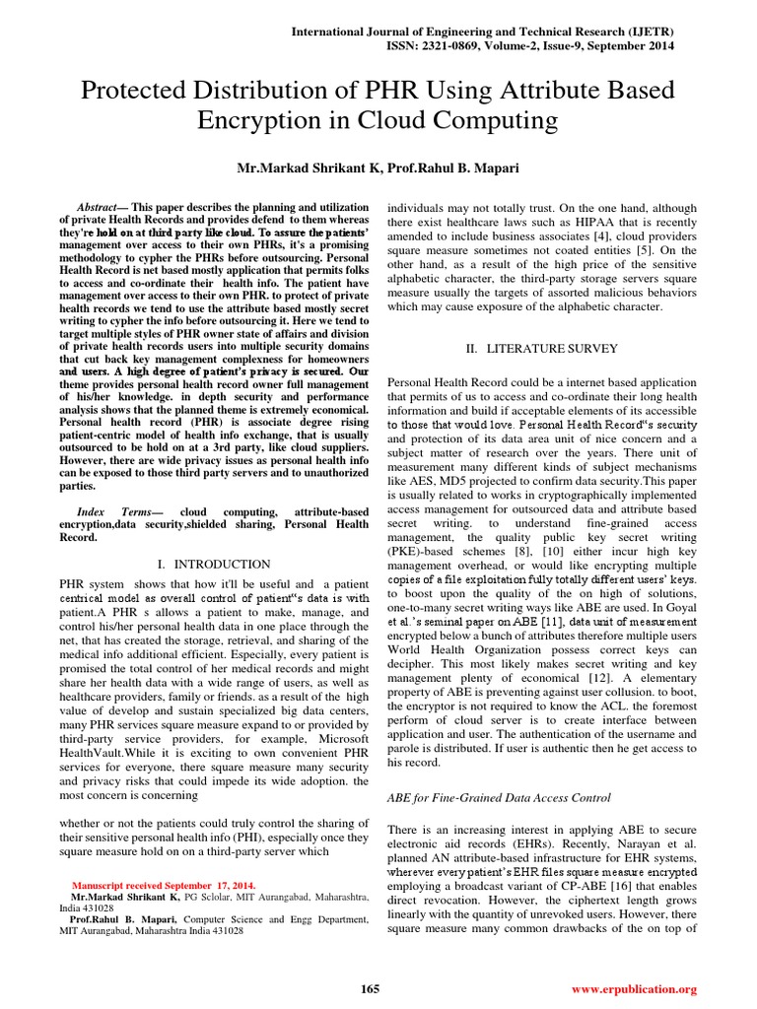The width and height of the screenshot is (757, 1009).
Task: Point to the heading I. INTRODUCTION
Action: [214, 565]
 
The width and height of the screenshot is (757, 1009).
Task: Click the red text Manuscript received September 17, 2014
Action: [162, 885]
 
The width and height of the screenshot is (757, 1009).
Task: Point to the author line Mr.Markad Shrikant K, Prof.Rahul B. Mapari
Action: [378, 168]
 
